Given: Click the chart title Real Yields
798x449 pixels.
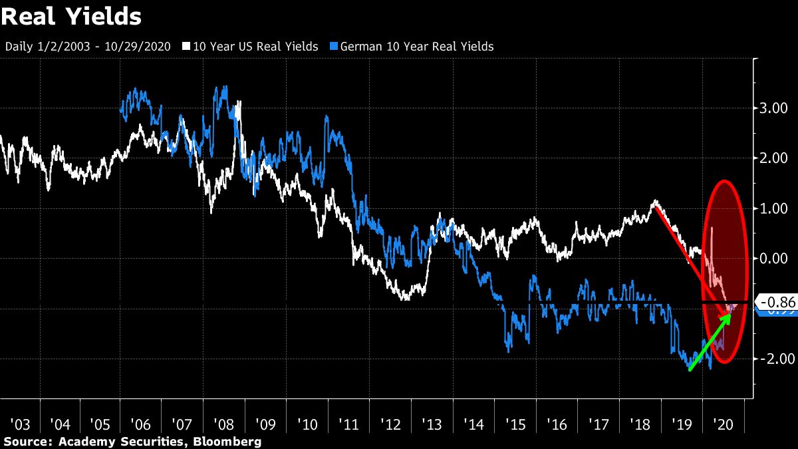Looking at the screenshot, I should click(71, 17).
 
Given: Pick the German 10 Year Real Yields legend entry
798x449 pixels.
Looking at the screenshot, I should click(416, 47).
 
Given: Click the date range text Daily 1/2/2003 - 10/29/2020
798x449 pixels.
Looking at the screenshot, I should click(88, 47).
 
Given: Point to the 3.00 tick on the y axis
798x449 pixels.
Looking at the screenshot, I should click(774, 108).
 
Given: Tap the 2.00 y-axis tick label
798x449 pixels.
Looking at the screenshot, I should click(774, 158).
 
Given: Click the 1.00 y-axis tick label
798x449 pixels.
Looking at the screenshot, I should click(774, 208).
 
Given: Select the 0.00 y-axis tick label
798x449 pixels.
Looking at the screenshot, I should click(774, 259).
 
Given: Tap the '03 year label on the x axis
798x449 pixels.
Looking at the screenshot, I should click(20, 424).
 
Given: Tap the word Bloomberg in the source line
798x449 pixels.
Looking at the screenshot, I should click(233, 442).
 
